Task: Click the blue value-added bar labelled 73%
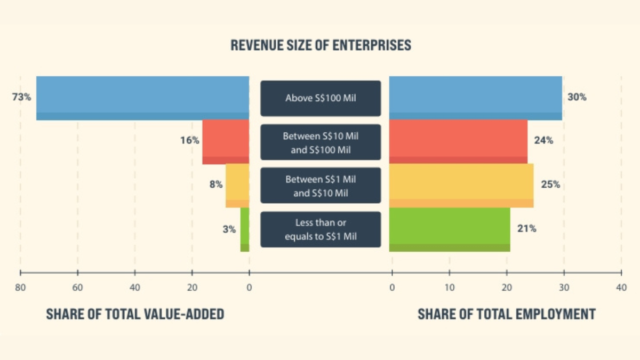[143, 98]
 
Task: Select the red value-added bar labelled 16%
[226, 142]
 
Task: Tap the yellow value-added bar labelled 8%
[237, 185]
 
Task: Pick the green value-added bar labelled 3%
[245, 229]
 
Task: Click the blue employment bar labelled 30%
[476, 98]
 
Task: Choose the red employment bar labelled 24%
[458, 142]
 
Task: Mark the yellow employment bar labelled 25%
[461, 185]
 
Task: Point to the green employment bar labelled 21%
[450, 229]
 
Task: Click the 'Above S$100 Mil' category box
[321, 98]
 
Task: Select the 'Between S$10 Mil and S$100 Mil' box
[321, 142]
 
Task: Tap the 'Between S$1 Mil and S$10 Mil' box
[321, 185]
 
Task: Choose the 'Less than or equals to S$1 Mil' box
[321, 229]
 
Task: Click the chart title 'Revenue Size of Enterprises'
[321, 45]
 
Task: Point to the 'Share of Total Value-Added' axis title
[135, 314]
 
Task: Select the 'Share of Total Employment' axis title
[506, 314]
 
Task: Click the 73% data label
[21, 98]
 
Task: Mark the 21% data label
[526, 229]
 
